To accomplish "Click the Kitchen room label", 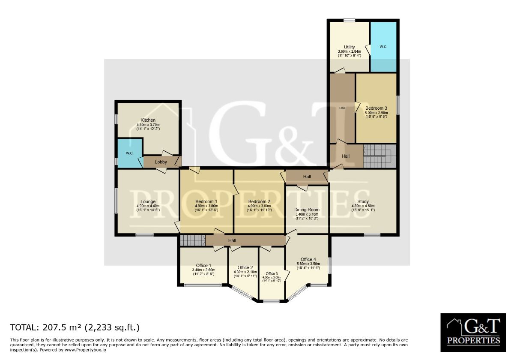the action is click(148, 120).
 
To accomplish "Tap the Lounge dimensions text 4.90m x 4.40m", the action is click(148, 206).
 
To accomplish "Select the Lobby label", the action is click(161, 162).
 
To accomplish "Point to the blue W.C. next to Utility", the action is click(383, 47).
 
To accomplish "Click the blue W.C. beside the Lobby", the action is click(130, 153).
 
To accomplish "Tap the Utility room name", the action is click(349, 47).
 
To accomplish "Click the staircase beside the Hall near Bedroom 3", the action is click(380, 156).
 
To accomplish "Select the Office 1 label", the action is click(203, 265).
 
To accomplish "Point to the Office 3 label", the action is click(272, 273).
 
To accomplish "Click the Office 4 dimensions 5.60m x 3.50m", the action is click(308, 264).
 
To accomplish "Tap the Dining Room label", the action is click(307, 210).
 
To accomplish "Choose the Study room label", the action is click(363, 201).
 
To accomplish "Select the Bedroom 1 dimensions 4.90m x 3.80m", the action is click(206, 206).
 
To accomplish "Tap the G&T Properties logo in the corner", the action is click(473, 333).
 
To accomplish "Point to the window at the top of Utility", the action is click(349, 21).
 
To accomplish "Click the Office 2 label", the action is click(245, 268).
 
